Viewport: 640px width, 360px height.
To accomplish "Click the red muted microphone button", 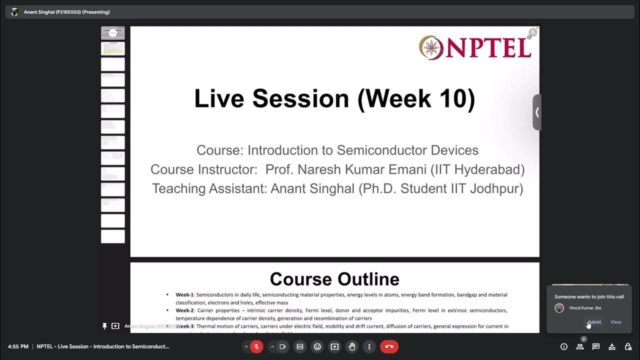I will click(x=256, y=346).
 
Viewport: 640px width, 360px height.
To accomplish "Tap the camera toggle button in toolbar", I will click(x=282, y=346).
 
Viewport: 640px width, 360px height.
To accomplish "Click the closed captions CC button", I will click(x=300, y=346).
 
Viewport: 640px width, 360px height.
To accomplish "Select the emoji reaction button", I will click(x=317, y=346).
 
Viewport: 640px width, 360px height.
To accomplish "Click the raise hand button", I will click(x=352, y=346).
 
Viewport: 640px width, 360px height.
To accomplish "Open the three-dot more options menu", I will click(x=369, y=346).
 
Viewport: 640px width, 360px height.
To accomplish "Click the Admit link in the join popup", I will click(x=594, y=322).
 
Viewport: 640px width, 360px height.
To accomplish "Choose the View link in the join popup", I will click(x=616, y=322).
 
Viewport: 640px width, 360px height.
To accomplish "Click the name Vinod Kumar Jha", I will click(x=585, y=308).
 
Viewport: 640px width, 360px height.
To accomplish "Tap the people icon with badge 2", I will click(x=580, y=346).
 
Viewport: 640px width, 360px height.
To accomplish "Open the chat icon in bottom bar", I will click(x=596, y=346).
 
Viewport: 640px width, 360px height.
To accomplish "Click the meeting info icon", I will click(x=564, y=346).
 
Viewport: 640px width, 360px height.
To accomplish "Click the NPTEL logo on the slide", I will click(x=475, y=48).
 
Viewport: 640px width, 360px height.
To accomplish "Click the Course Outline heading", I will click(x=334, y=279).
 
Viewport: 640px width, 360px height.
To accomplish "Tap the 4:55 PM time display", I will click(x=18, y=346).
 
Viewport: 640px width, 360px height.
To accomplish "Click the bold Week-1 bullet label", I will click(x=184, y=295).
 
